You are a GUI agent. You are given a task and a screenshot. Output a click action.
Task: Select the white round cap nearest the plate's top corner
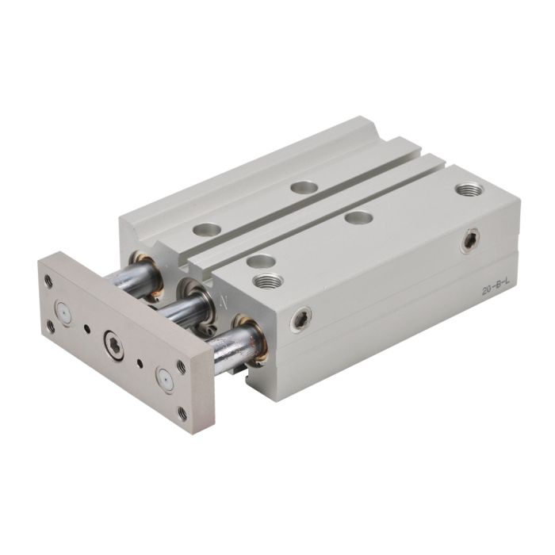click(x=63, y=312)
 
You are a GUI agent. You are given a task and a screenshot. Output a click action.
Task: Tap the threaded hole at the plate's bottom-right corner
click(x=183, y=413)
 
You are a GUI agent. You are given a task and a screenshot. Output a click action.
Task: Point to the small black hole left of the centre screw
click(x=87, y=330)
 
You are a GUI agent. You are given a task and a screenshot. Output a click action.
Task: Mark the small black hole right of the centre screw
click(x=140, y=363)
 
